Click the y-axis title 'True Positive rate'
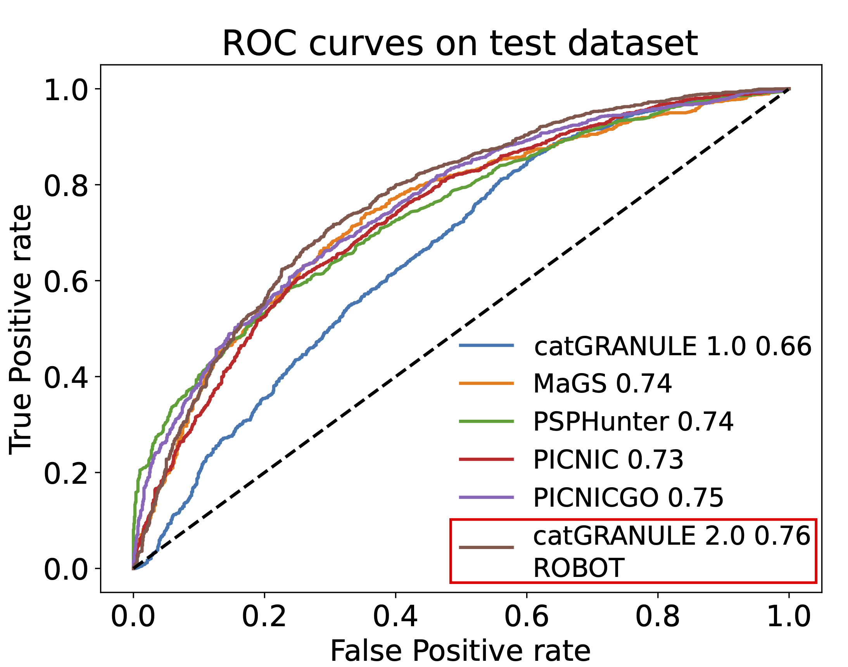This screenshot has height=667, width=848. [20, 330]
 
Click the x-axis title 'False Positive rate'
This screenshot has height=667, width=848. [460, 651]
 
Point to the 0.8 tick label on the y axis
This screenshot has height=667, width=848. [66, 186]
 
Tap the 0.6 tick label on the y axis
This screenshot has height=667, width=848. [66, 281]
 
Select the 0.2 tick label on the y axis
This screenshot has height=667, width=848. [66, 474]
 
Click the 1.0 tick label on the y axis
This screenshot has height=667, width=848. [66, 89]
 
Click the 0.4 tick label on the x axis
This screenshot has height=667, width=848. [395, 617]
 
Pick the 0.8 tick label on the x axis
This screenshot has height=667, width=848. [658, 617]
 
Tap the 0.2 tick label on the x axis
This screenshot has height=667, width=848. [264, 617]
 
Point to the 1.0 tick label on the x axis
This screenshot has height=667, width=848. [789, 617]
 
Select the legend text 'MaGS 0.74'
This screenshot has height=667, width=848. [602, 384]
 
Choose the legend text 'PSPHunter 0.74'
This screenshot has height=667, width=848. [633, 421]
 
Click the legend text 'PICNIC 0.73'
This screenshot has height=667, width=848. [608, 459]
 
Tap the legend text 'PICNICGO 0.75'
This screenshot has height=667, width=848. [628, 497]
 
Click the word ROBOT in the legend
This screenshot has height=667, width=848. [579, 568]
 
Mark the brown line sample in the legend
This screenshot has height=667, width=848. [486, 547]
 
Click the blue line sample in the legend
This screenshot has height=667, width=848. [486, 345]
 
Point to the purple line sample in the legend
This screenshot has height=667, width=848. [486, 497]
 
